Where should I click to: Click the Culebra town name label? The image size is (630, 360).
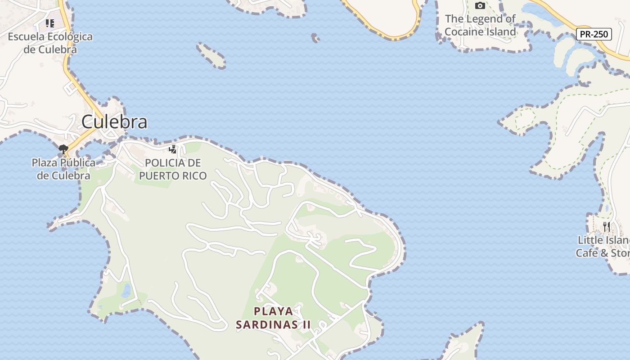(x=114, y=122)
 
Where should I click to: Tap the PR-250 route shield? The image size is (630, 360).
(x=594, y=34)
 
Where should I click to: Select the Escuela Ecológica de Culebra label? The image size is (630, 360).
(x=50, y=43)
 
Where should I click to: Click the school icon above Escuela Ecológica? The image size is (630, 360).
(x=49, y=23)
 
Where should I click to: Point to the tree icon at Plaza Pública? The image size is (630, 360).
(x=63, y=149)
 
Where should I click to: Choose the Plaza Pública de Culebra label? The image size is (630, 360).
(x=63, y=169)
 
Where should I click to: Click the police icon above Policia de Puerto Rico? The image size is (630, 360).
(x=172, y=149)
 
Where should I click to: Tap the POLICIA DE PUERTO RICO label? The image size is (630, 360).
(x=173, y=169)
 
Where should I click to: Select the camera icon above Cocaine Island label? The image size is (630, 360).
(x=480, y=6)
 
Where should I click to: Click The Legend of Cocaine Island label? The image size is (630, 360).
(x=480, y=25)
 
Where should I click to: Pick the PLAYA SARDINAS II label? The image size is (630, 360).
(x=274, y=318)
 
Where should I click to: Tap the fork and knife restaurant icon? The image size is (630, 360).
(x=607, y=227)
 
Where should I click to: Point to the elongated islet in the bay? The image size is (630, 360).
(x=211, y=55)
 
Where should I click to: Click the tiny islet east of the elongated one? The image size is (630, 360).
(x=315, y=38)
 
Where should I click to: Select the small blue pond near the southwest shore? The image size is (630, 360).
(x=126, y=290)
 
